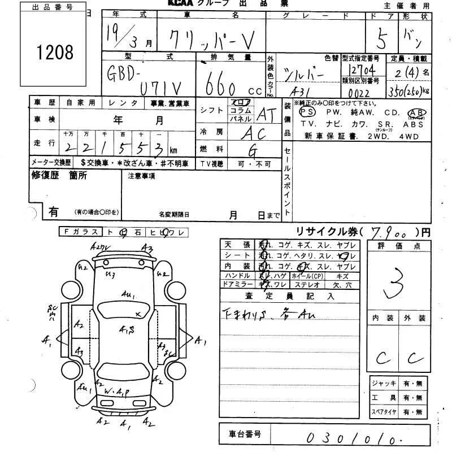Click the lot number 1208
point(55,53)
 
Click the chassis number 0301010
point(351,437)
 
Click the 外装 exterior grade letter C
point(416,357)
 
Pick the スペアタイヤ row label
point(384,412)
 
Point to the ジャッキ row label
point(384,383)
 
